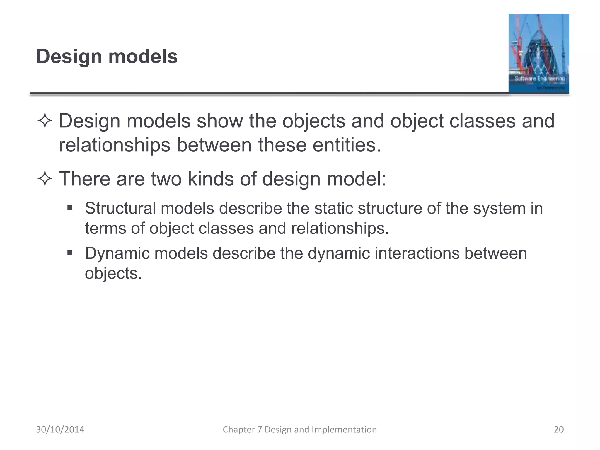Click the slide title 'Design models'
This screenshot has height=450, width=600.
pos(107,56)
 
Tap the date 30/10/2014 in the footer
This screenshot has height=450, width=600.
pos(60,429)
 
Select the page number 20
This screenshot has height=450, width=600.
pos(559,429)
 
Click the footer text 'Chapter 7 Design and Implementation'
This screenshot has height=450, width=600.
pos(300,429)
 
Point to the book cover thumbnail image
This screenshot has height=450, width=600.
pos(538,53)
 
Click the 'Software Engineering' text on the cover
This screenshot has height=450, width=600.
pos(540,79)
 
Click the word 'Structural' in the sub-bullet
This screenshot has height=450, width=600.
pos(120,208)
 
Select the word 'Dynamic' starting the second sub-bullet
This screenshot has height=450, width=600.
pos(117,253)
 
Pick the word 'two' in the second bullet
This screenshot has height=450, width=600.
pos(166,179)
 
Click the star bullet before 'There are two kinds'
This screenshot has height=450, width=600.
pos(45,179)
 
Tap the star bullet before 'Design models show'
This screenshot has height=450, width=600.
pos(45,121)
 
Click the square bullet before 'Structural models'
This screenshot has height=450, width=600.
pos(70,208)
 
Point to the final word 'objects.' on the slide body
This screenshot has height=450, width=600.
pos(113,274)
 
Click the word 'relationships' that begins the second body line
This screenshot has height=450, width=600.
pos(114,145)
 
